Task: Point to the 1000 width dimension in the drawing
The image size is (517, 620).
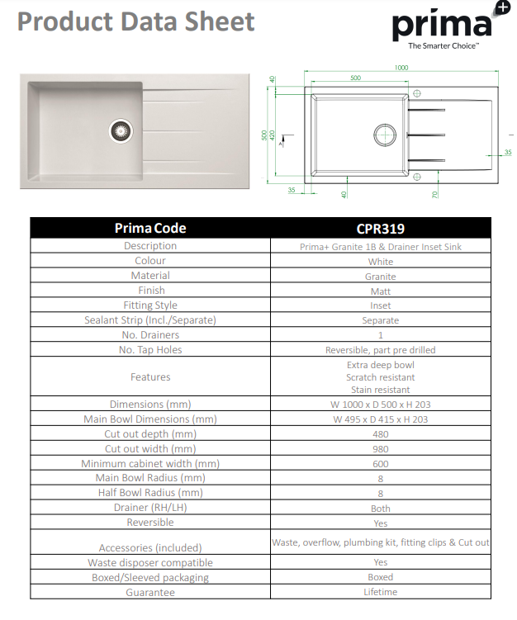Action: [401, 68]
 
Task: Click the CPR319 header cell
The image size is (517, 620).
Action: [381, 228]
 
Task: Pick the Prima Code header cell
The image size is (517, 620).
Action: [150, 228]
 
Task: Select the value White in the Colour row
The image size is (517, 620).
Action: [381, 261]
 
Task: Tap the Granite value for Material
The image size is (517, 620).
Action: [381, 276]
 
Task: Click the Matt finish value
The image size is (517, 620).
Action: [381, 291]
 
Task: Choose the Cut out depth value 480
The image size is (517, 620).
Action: [381, 434]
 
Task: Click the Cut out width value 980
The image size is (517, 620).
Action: [381, 449]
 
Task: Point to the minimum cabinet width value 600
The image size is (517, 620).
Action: [381, 464]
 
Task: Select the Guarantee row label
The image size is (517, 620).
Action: [150, 592]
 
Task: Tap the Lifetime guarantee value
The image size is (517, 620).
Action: [381, 592]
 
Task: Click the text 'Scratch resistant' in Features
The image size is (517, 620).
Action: [381, 376]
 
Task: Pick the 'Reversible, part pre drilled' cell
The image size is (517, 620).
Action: [381, 350]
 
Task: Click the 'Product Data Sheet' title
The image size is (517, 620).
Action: [136, 22]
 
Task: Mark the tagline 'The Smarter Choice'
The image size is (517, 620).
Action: [443, 46]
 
